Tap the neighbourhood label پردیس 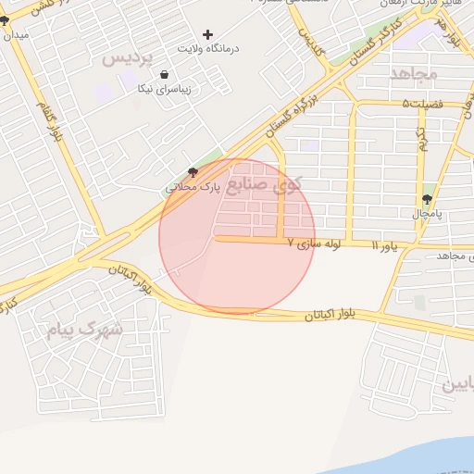pos(126,57)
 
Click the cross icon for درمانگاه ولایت pos(207,34)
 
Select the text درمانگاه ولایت pos(207,47)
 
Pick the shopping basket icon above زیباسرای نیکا pos(164,75)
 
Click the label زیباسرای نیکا pos(164,89)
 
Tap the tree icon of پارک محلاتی pos(193,171)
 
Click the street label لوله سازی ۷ pos(315,243)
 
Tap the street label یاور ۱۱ pos(389,245)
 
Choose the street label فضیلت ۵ pos(423,104)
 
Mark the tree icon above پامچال pos(427,199)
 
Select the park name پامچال pos(427,214)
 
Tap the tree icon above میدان pos(5,19)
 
